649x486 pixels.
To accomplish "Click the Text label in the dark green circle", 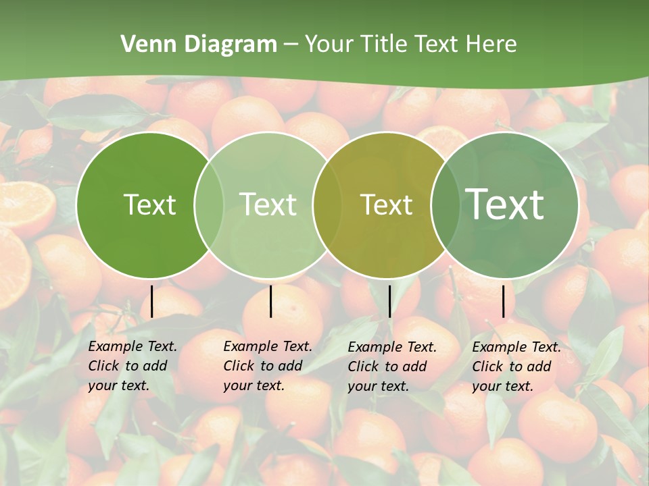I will coord(149,205).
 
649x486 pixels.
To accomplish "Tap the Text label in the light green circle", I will coord(268,205).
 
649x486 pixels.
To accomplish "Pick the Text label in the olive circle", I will coord(386,205).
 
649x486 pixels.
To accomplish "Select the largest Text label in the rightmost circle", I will coord(505,205).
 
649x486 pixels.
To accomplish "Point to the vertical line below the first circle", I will coord(151,302).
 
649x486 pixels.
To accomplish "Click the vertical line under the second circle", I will coord(270,302).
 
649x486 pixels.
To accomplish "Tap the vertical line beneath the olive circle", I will coord(389,302).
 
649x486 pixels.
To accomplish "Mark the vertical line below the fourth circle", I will coord(503,302).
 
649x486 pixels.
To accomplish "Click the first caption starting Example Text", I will coord(133,366).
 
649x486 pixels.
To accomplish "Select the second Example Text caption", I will coord(268,366).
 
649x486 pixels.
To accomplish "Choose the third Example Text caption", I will coord(392,367).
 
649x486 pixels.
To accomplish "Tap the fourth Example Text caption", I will coord(516,367).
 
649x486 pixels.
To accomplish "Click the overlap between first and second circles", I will coord(209,205).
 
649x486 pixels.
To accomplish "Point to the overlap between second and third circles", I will coord(327,205).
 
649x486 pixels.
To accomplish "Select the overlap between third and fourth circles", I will coord(446,205).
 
